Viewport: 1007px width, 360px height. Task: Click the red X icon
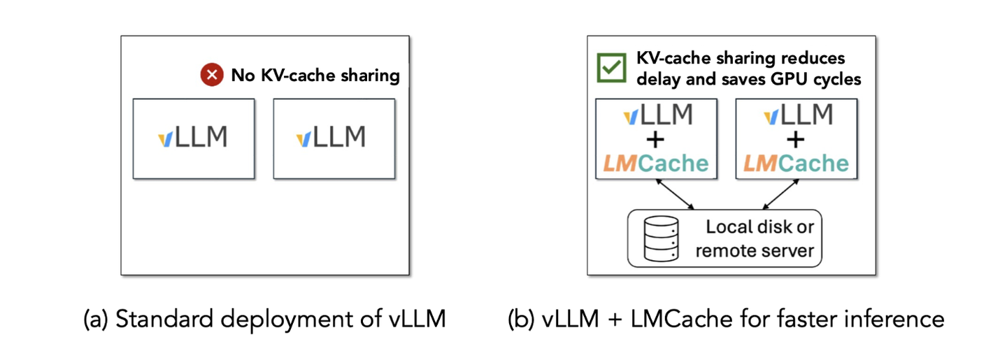[x=211, y=75]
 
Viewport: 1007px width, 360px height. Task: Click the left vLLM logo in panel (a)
[x=193, y=137]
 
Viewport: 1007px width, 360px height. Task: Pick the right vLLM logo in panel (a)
[x=331, y=137]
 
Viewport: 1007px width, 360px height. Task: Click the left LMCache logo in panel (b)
[x=655, y=164]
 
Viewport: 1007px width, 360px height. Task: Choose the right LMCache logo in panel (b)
[x=796, y=164]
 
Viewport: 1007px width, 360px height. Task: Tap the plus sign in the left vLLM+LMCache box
[x=655, y=139]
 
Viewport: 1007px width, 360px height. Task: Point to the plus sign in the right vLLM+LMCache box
[x=796, y=139]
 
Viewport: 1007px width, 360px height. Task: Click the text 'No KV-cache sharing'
[x=315, y=75]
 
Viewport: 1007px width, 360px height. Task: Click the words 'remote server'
[x=756, y=250]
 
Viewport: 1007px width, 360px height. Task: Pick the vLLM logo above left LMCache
[x=655, y=114]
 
